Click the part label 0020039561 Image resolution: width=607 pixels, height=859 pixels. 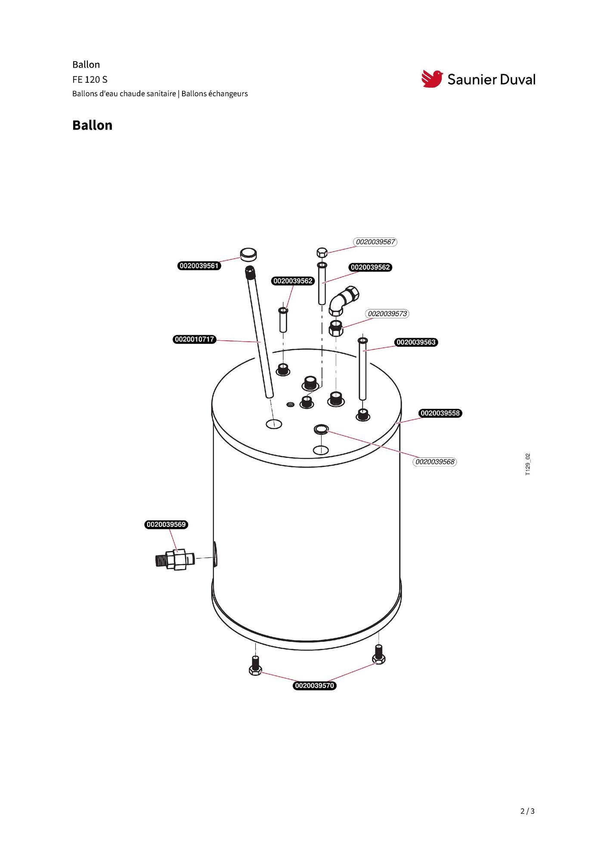[x=199, y=266]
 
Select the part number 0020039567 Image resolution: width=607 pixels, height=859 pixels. [x=375, y=242]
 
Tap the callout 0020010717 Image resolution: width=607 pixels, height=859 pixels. [x=195, y=339]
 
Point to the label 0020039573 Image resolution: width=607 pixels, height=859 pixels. [x=387, y=314]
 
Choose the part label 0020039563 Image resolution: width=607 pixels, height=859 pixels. [x=416, y=342]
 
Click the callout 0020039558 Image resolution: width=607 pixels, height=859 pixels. [x=440, y=413]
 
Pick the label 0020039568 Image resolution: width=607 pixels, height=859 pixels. [x=435, y=462]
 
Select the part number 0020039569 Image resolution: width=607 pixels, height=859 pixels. [x=166, y=525]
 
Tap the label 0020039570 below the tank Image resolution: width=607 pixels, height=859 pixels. [x=315, y=686]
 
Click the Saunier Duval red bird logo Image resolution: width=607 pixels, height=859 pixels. [x=432, y=79]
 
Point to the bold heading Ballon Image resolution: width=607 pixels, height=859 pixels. [x=92, y=125]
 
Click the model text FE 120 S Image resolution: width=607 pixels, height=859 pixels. [x=90, y=80]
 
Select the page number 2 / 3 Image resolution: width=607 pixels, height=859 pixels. [x=527, y=811]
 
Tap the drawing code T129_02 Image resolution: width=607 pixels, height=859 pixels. [x=528, y=464]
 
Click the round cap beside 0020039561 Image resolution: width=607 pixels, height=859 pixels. [x=248, y=254]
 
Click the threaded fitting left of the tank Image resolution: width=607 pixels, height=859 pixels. [x=175, y=560]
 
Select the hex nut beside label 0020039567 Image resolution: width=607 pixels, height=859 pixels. [x=322, y=252]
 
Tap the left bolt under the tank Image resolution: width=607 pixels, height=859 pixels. [x=255, y=666]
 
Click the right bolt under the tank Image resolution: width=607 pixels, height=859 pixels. [x=378, y=654]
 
